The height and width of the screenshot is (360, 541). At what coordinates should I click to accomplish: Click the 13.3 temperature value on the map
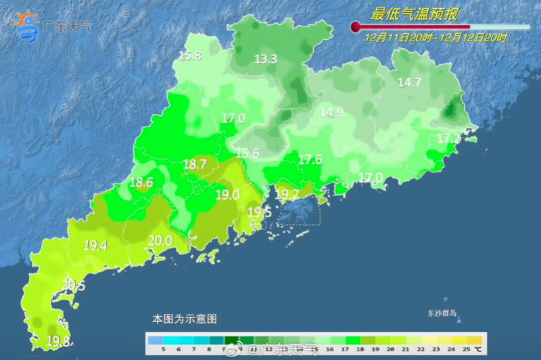coord(266,59)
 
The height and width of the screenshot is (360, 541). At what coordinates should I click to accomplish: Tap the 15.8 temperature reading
coord(190,56)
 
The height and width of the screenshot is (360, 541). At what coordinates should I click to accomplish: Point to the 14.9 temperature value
coord(331,112)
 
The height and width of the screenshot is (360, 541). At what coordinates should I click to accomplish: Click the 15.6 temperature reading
coord(247,154)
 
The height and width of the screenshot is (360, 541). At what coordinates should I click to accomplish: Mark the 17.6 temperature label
coord(310,160)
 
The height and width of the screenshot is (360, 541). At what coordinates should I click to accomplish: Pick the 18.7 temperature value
coord(195,164)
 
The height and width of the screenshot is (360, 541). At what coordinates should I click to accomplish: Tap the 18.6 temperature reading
coord(141,182)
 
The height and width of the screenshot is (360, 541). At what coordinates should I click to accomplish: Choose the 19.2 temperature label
coord(287,194)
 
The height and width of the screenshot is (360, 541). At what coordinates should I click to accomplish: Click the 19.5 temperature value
coord(259,212)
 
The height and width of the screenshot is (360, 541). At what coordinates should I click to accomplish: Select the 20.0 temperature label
coord(160,240)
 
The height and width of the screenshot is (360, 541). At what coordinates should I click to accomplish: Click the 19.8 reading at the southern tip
coord(58,340)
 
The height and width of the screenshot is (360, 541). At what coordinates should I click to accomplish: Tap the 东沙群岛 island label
coord(442,314)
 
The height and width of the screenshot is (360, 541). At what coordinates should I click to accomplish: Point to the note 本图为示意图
coord(184,318)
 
